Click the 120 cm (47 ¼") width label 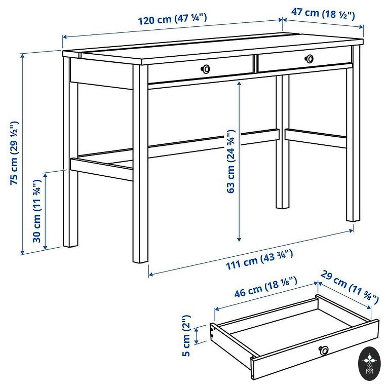coord(172,19)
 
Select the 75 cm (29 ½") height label coord(14,153)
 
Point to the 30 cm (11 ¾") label coord(36,211)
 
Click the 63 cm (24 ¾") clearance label coord(230,161)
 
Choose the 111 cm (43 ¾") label coord(259,259)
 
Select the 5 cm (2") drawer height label coord(186,336)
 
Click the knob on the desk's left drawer coord(205,69)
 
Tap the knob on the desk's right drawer coord(309,59)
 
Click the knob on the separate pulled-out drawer coord(324,350)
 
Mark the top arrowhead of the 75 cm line coord(23,56)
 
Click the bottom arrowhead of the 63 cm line coord(239,240)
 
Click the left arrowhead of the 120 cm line coord(65,37)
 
